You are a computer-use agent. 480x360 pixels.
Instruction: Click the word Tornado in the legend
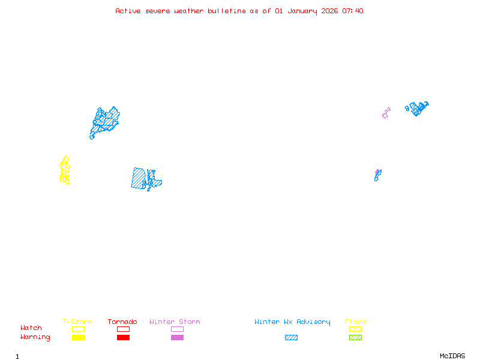122,322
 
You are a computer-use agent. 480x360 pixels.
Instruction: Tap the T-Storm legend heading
77,322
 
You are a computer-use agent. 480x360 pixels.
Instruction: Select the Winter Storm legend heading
175,322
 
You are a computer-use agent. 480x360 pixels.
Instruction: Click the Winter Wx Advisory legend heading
292,322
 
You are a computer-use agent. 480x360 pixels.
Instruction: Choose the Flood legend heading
355,322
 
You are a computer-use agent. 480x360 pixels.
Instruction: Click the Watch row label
31,328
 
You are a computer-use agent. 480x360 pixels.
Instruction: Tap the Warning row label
35,337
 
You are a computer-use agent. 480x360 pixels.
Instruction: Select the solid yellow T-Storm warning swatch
78,338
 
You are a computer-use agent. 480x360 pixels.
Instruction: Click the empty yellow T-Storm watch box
78,329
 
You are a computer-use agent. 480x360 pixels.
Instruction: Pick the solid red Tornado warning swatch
123,338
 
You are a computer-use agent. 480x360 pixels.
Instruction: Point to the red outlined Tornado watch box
123,329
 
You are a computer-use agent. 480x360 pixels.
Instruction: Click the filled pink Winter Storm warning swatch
177,338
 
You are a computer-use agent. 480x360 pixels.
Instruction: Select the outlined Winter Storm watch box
177,329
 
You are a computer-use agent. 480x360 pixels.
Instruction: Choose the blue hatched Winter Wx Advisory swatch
291,338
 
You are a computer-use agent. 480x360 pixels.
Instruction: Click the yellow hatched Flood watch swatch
355,329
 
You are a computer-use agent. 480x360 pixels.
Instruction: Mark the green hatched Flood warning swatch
355,338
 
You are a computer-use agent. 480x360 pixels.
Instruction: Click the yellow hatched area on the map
64,171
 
